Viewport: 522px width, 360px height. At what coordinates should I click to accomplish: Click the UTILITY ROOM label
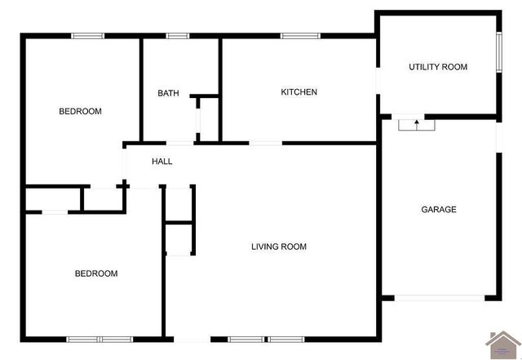coord(438,67)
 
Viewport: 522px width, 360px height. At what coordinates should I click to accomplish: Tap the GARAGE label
coord(438,210)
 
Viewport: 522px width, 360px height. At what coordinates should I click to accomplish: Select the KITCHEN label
coord(299,92)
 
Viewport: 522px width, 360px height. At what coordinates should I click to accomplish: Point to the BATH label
coord(168,93)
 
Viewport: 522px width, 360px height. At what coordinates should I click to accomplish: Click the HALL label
coord(161,162)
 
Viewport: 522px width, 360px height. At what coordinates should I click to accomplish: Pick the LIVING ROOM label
coord(278,247)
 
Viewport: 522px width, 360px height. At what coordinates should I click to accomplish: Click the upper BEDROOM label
coord(80,111)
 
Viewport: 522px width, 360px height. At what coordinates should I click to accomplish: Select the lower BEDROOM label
coord(96,273)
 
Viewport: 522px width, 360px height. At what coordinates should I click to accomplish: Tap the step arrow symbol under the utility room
coord(417,125)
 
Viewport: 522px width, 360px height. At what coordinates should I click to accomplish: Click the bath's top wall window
coord(178,35)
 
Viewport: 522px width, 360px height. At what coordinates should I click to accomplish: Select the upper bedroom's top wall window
coord(87,35)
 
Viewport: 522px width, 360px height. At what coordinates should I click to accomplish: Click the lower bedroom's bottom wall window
coord(100,339)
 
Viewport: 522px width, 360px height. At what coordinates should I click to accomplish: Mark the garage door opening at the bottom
coord(440,298)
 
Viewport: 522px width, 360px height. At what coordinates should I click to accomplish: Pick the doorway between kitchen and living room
coord(265,144)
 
